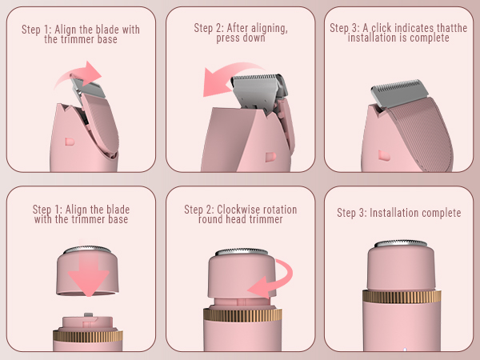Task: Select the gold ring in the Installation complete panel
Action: click(402, 297)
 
